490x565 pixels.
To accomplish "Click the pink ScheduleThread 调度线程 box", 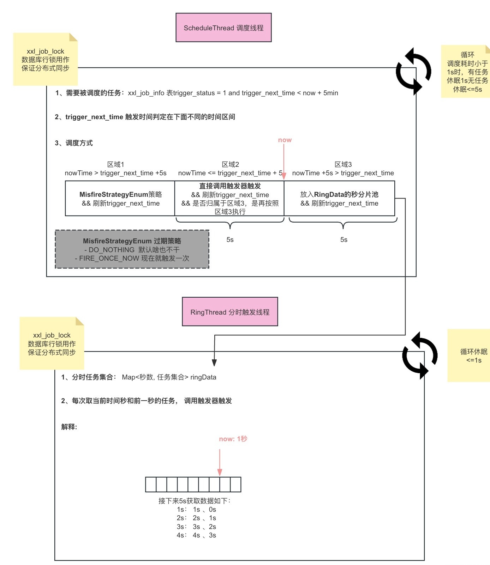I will pos(223,28).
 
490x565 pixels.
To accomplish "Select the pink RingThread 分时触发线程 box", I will pos(230,312).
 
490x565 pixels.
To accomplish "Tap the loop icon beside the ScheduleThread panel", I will pos(413,71).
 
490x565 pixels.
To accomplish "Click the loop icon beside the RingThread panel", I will pos(420,355).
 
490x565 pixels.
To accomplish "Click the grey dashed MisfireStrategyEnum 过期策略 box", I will pos(132,249).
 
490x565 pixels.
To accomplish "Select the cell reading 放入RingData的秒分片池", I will pos(339,198).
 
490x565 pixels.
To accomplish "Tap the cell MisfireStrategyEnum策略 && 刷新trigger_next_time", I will pos(120,198).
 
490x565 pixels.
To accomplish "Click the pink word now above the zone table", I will pos(285,140).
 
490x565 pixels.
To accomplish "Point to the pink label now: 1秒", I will pos(233,439).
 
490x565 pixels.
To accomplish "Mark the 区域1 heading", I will pos(115,164).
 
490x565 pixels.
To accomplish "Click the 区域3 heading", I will pos(343,164).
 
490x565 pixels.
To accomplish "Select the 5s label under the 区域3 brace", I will pos(343,240).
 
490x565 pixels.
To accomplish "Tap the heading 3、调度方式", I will pos(74,143).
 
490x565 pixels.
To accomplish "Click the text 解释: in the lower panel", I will pos(69,427).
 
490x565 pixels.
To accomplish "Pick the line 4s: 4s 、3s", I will pos(196,535).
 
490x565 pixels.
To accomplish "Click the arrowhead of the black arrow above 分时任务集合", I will pos(214,363).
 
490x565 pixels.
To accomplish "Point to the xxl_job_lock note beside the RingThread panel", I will pos(52,344).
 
